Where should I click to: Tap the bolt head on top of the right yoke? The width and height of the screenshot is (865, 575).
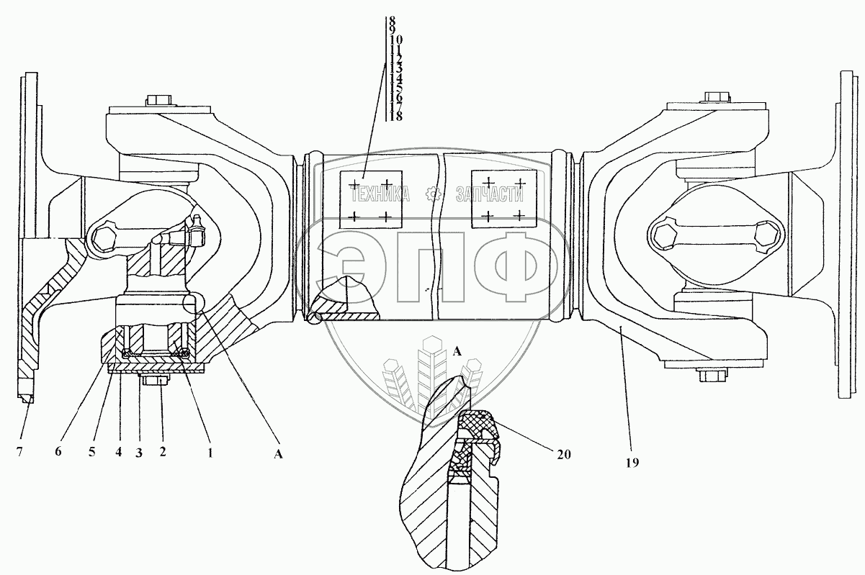[714, 97]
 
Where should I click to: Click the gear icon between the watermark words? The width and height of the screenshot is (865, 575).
[433, 194]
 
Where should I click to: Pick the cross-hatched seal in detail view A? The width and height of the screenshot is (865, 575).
[476, 425]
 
